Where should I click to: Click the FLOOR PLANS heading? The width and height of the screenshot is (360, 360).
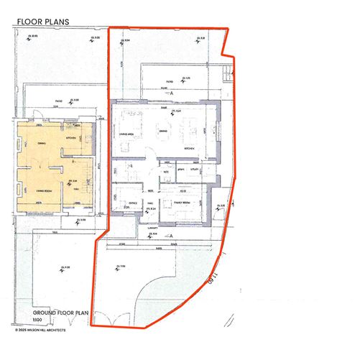tap(42, 22)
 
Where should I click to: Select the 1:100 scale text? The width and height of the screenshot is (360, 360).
tap(37, 321)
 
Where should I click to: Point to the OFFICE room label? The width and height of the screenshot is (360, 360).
tap(131, 203)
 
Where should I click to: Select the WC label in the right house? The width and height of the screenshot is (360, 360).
tap(166, 172)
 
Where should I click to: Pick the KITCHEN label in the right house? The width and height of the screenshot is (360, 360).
tap(190, 147)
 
